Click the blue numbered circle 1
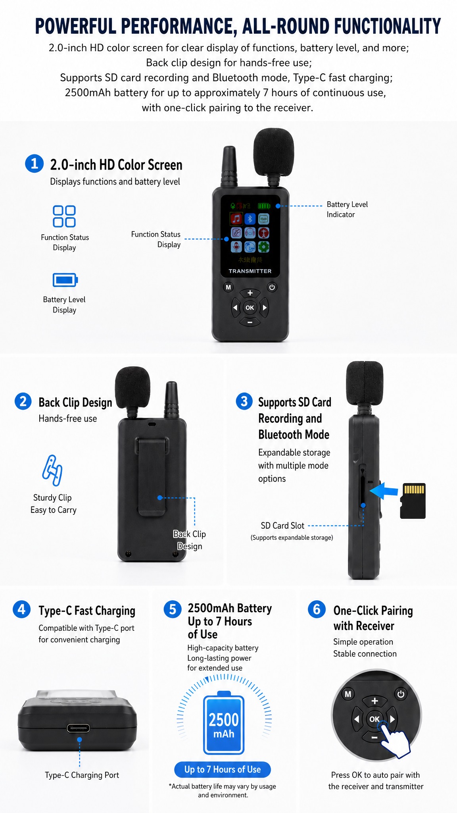click(35, 164)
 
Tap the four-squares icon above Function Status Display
click(64, 216)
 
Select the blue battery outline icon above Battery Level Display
click(65, 280)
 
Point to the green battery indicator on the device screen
click(264, 206)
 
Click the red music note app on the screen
click(236, 218)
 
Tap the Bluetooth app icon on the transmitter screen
click(250, 218)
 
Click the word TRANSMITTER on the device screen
click(250, 271)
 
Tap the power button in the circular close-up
click(401, 694)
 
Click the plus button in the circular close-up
click(374, 701)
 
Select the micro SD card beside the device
click(413, 501)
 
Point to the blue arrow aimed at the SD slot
click(384, 490)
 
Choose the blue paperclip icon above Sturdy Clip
click(52, 470)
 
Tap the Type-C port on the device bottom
click(78, 728)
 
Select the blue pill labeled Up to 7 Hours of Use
click(223, 769)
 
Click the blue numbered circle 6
click(317, 609)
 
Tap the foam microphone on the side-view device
click(365, 383)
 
